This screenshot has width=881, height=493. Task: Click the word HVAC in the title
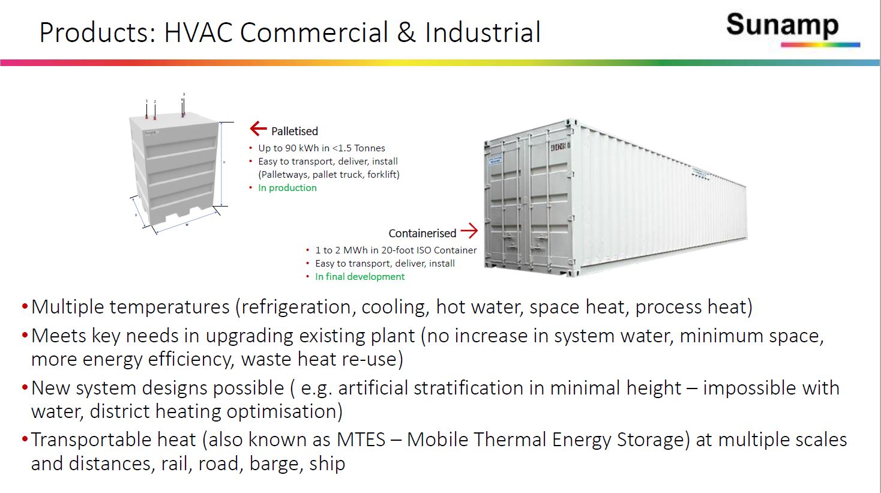[x=198, y=32]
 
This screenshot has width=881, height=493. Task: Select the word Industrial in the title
[x=483, y=32]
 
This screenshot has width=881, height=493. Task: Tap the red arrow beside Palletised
[x=258, y=129]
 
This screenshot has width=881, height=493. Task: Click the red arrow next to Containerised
[x=469, y=231]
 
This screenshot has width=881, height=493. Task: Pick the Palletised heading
[x=294, y=131]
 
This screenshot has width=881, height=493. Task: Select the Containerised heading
[x=422, y=233]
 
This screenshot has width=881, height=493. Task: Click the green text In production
[x=287, y=188]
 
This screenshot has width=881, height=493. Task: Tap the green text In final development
[x=359, y=277]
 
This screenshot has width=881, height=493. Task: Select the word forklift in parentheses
[x=382, y=175]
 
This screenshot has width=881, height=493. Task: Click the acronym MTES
[x=361, y=440]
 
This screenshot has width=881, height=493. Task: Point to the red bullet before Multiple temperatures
[x=25, y=307]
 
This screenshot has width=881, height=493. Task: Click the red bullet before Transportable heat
[x=25, y=440]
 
